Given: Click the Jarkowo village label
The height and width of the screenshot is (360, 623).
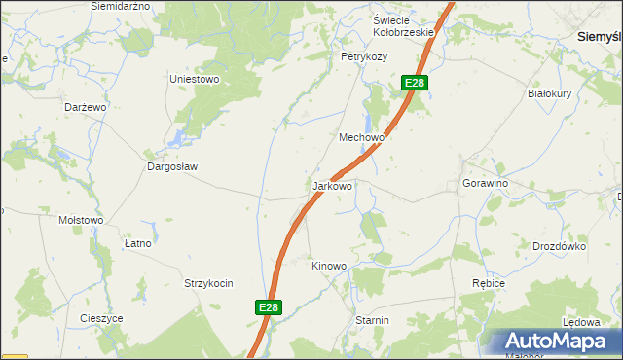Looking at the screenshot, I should tap(333, 185).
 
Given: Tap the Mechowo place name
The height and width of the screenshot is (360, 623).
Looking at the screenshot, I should tap(361, 138).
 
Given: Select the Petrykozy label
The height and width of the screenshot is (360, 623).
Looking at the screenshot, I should tap(363, 57).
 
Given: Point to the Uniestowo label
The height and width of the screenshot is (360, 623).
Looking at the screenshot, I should tap(195, 79).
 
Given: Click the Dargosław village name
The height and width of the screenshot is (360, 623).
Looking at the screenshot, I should tap(172, 166).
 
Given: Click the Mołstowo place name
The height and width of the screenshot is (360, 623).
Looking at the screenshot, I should tap(81, 220).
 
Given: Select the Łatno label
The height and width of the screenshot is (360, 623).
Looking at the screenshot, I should tap(138, 243).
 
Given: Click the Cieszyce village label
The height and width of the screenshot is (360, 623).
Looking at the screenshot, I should tap(101, 318).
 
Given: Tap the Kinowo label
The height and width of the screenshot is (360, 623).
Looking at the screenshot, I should tap(328, 266).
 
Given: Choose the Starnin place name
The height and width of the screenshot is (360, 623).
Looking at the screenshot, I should tap(372, 320).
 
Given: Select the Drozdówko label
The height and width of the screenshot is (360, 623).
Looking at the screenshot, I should tap(558, 246).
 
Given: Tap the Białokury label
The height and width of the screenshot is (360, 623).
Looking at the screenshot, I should tap(546, 94).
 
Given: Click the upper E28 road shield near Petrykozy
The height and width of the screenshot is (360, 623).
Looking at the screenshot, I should tap(415, 84).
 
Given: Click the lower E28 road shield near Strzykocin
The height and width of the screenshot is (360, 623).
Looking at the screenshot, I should tap(270, 307).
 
